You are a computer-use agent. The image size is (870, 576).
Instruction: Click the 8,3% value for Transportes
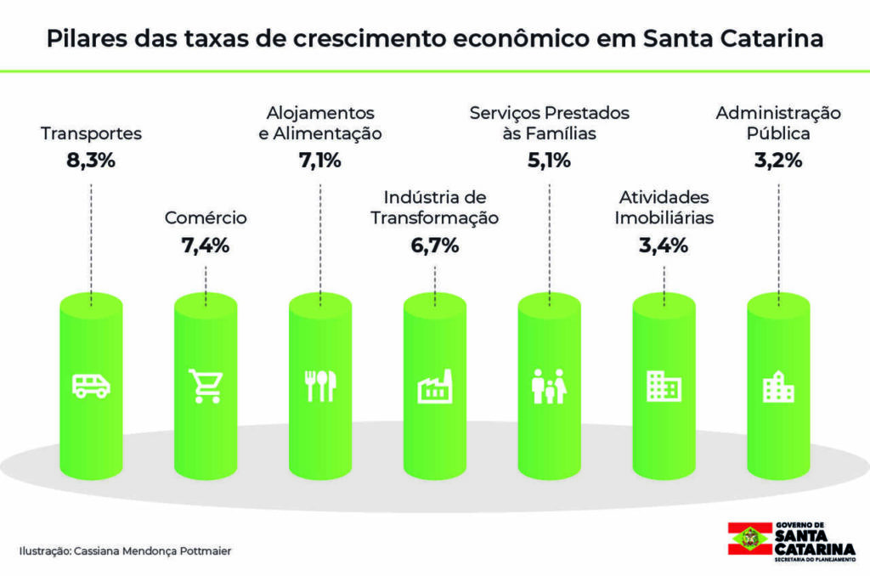pos(90,161)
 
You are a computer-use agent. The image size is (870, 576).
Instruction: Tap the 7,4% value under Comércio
pos(205,246)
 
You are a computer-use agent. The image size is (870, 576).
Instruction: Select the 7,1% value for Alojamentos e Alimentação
pos(319,161)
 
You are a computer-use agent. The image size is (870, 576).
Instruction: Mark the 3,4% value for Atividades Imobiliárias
pos(663,246)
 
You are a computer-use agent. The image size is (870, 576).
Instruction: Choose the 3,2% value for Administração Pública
pos(777,161)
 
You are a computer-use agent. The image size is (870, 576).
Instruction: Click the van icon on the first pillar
pos(91,385)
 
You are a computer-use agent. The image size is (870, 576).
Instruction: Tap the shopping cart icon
pos(206,386)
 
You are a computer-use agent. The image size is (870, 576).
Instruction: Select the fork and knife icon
pos(320,386)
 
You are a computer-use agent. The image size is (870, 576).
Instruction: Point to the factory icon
pos(435,387)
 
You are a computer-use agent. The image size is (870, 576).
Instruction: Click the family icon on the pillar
pos(549,386)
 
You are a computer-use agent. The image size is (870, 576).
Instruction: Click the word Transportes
pos(91,133)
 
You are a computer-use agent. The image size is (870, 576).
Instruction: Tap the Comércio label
pos(206,218)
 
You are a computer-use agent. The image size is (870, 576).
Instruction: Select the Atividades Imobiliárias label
pos(664,208)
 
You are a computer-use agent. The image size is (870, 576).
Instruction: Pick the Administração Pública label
pos(777,123)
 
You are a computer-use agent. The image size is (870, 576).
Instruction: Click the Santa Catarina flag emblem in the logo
pos(750,538)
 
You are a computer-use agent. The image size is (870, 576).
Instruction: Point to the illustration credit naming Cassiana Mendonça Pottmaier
pos(125,551)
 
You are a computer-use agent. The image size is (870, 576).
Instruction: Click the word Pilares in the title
pos(81,40)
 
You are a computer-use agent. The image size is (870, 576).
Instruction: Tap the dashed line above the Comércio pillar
pos(206,280)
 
